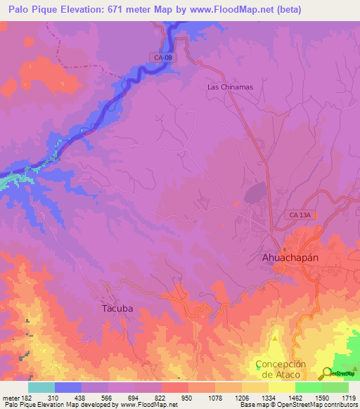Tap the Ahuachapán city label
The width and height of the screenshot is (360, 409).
coord(290,257)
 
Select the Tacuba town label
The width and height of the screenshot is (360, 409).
coord(113,308)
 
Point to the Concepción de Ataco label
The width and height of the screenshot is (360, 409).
coord(281,369)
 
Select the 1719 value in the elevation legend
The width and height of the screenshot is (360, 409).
coord(349,398)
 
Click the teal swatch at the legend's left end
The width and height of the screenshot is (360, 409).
coord(41,387)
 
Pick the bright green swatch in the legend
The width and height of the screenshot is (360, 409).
coord(309,387)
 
